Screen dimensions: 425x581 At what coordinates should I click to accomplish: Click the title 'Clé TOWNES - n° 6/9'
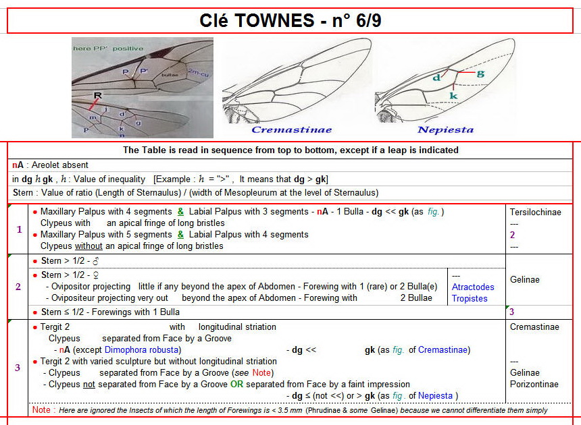(x=290, y=20)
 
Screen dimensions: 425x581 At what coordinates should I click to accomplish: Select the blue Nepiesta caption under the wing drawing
(x=445, y=130)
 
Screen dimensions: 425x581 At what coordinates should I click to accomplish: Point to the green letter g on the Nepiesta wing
(x=480, y=74)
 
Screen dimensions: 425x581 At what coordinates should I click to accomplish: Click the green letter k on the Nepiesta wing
(x=453, y=96)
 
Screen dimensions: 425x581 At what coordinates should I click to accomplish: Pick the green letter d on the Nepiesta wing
(x=436, y=78)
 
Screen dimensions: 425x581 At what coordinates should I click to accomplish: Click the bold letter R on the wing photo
(x=98, y=96)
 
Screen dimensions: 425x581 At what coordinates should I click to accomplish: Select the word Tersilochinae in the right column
(x=536, y=212)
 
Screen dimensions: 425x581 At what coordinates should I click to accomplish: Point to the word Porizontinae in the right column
(x=534, y=384)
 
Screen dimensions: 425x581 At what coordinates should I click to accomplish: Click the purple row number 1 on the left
(x=18, y=229)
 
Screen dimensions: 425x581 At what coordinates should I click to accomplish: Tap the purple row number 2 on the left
(x=18, y=287)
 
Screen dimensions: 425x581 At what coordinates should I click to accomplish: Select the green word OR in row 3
(x=236, y=384)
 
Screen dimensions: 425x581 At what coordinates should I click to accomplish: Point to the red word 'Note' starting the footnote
(x=41, y=410)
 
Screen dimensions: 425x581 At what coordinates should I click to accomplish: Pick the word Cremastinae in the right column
(x=534, y=327)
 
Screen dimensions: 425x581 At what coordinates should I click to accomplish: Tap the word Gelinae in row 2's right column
(x=525, y=279)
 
